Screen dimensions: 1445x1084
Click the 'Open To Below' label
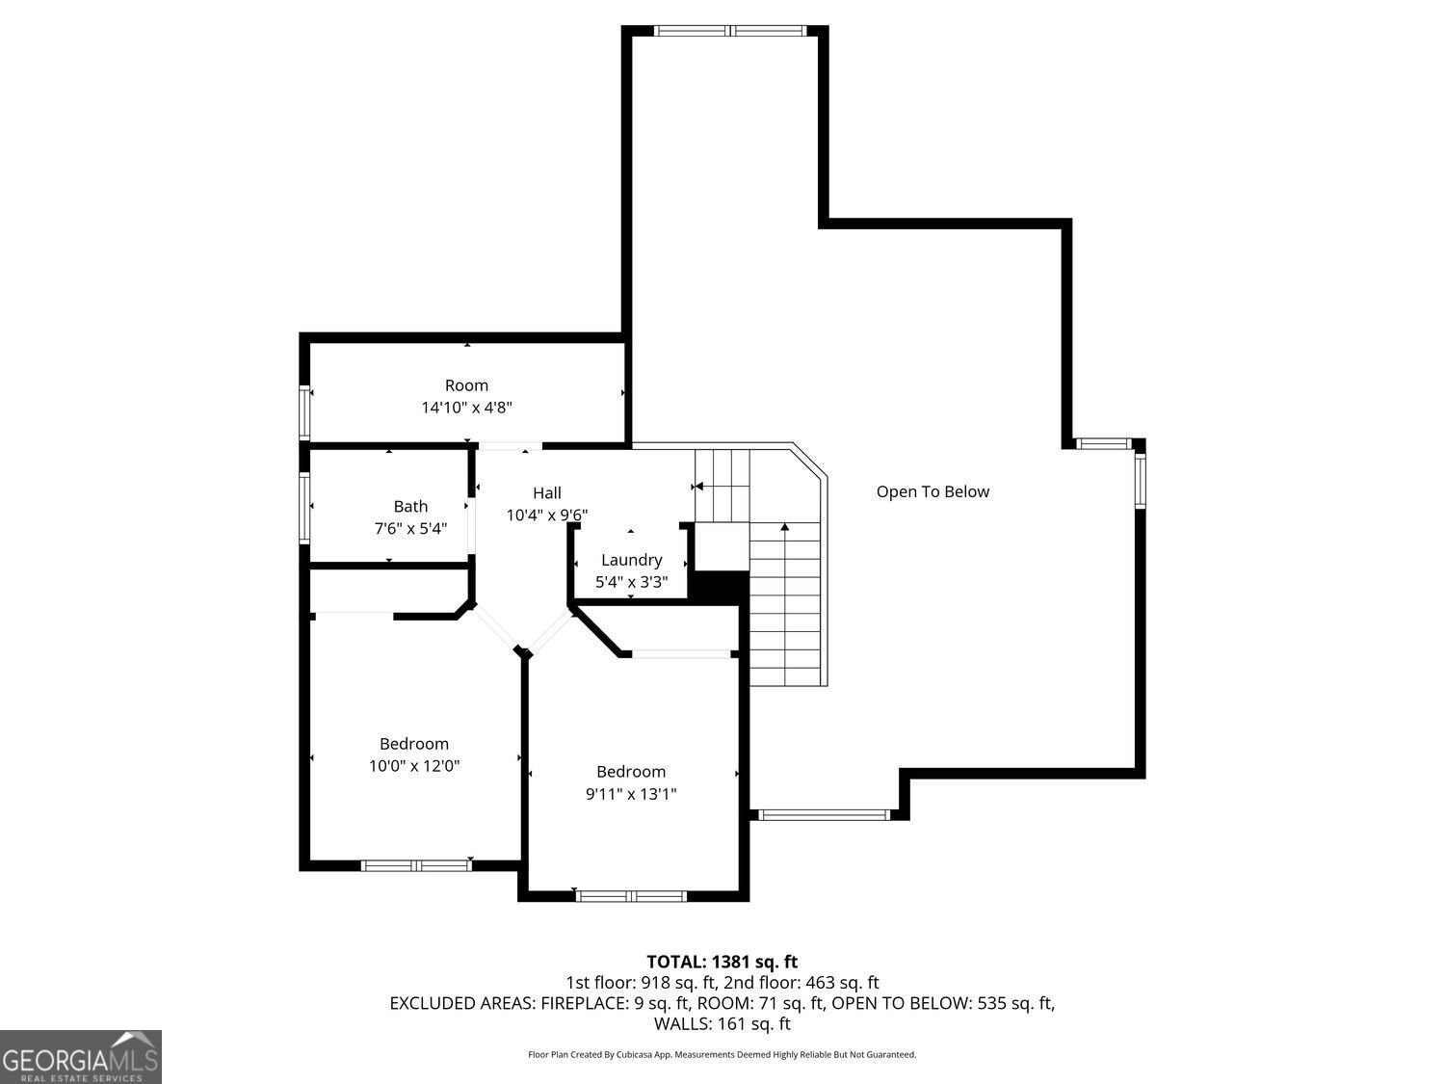(933, 491)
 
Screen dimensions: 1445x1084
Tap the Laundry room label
(631, 560)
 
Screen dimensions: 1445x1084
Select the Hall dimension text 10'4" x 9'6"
(546, 515)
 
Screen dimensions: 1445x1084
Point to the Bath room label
(410, 506)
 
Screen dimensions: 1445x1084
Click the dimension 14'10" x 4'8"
(467, 408)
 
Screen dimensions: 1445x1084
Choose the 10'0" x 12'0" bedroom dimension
(414, 765)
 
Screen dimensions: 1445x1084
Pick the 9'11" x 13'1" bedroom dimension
(631, 794)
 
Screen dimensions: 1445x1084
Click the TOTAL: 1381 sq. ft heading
(722, 962)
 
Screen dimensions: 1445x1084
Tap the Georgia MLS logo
(80, 1057)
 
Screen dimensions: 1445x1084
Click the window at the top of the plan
(729, 30)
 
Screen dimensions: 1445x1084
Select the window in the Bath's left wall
(304, 508)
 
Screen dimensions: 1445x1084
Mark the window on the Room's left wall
(304, 412)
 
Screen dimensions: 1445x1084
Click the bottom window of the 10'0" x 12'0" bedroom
(416, 865)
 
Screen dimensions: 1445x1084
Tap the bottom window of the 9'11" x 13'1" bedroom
(631, 896)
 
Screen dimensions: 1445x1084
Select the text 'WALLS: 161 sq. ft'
(722, 1023)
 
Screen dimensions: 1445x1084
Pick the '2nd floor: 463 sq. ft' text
(801, 983)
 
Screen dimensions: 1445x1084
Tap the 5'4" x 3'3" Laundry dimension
(631, 582)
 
